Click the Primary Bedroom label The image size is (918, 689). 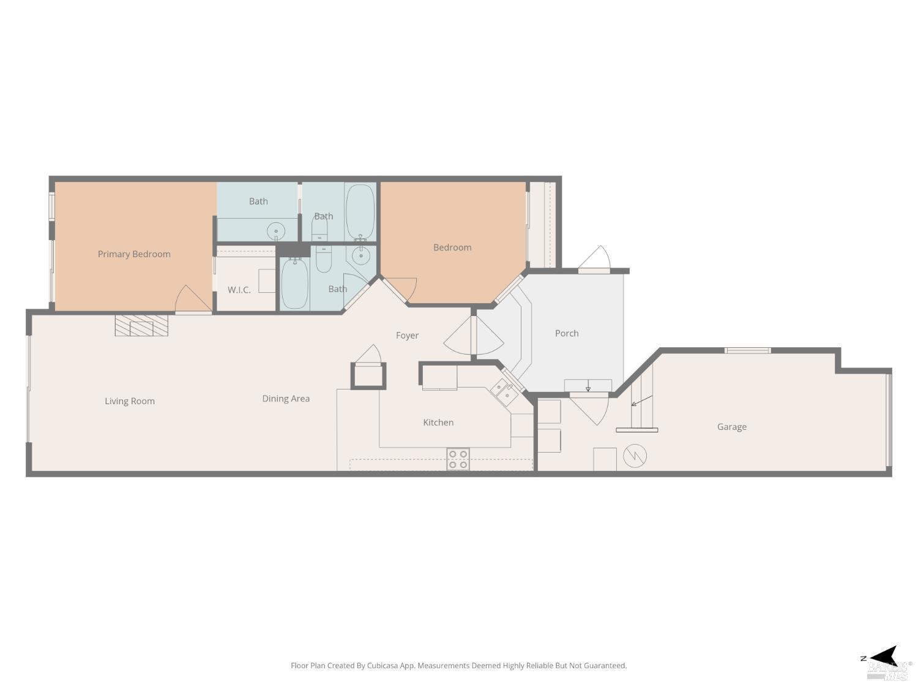tap(134, 254)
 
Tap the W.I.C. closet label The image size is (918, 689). tap(239, 290)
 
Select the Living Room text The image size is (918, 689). tap(130, 401)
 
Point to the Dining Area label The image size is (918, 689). tap(286, 399)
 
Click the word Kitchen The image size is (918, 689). tap(438, 423)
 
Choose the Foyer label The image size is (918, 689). tap(407, 336)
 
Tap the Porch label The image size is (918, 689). tap(567, 333)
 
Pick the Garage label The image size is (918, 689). tap(731, 427)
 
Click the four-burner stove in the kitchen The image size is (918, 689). tap(458, 459)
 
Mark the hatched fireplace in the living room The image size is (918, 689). tap(141, 325)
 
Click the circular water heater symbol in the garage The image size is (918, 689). tap(635, 456)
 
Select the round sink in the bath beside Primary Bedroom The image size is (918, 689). tap(276, 232)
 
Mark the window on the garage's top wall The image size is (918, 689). tap(747, 350)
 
